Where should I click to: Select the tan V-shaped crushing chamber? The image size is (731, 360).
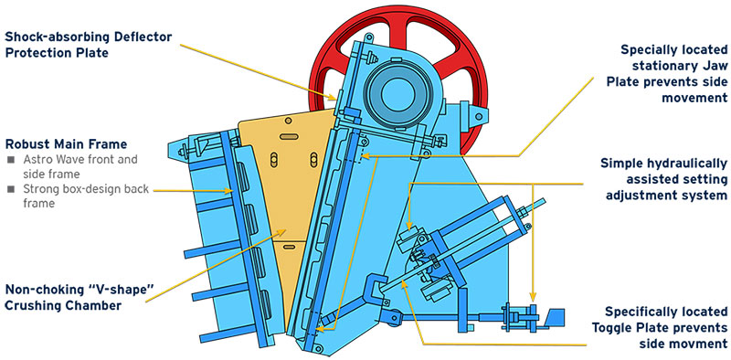tap(274, 183)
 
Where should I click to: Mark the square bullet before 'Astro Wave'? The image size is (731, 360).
tap(9, 160)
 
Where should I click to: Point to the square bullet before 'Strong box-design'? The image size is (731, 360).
tap(9, 190)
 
